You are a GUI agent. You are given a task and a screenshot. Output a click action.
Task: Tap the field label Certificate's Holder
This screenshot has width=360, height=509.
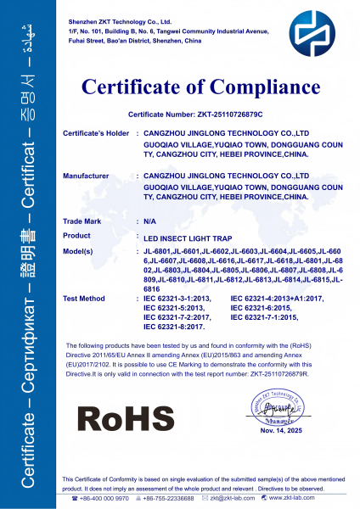pos(96,134)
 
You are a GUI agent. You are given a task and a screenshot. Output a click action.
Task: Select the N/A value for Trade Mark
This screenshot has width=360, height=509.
pos(149,220)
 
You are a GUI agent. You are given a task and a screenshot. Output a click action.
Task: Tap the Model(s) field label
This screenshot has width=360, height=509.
pos(82,251)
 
